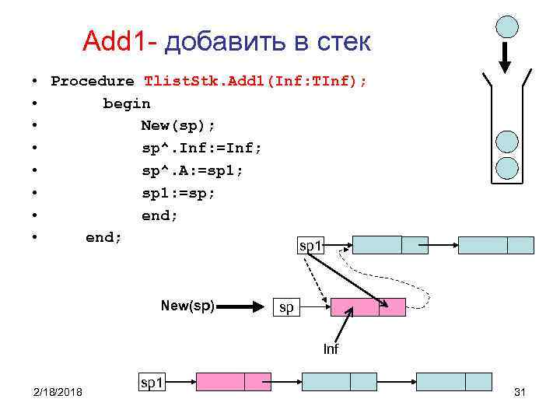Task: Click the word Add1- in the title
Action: pyautogui.click(x=120, y=41)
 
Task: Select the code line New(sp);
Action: pyautogui.click(x=178, y=125)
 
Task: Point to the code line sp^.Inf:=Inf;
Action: pyautogui.click(x=201, y=148)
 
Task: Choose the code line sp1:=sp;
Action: pyautogui.click(x=178, y=193)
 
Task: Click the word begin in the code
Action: pyautogui.click(x=127, y=103)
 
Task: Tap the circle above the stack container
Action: pyautogui.click(x=507, y=26)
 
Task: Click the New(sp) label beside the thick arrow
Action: pyautogui.click(x=187, y=306)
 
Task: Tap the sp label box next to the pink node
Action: pyautogui.click(x=286, y=307)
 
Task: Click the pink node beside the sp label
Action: pyautogui.click(x=367, y=307)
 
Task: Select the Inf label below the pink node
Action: pyautogui.click(x=331, y=349)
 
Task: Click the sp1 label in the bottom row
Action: pyautogui.click(x=151, y=382)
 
